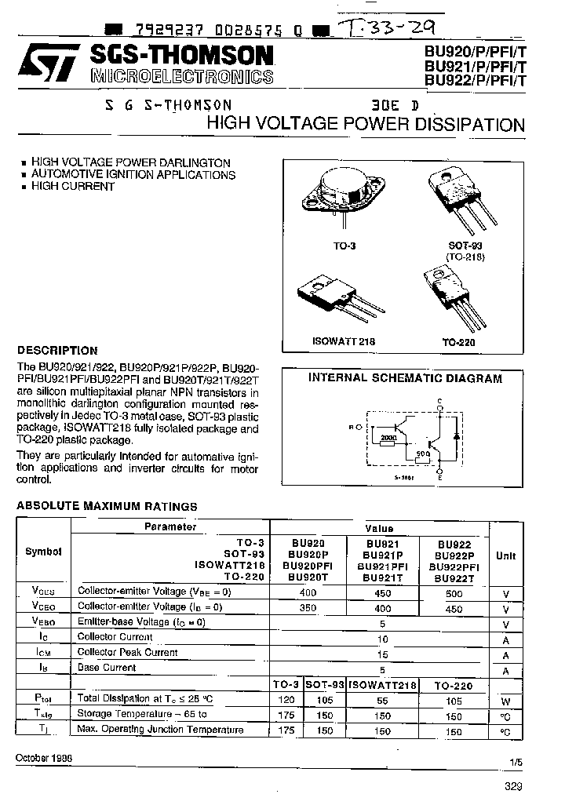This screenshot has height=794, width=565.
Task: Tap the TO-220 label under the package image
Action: (459, 343)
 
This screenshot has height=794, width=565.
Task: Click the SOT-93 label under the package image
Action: (466, 246)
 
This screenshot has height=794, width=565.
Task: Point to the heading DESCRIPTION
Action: (57, 351)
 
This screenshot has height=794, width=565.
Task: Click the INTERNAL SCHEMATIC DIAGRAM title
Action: (404, 378)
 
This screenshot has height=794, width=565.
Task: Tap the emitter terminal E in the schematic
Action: (439, 477)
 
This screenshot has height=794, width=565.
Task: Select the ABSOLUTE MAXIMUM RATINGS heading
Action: (107, 506)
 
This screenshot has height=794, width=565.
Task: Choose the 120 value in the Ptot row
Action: (287, 699)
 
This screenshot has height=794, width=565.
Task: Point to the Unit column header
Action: (506, 555)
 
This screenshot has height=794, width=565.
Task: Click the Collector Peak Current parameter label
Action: (127, 653)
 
